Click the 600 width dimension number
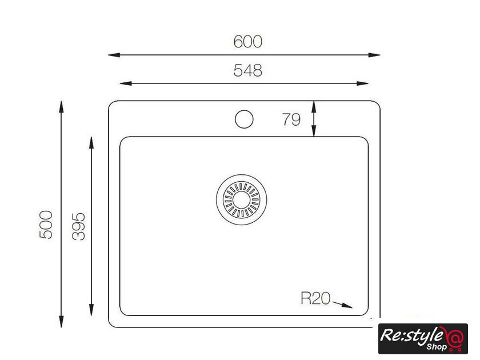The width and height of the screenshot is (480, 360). click(x=247, y=42)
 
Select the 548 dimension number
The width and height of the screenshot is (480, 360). click(x=247, y=70)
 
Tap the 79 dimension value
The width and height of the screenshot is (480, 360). click(x=291, y=119)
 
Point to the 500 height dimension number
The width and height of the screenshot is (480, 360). click(x=46, y=225)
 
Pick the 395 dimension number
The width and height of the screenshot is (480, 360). click(x=79, y=226)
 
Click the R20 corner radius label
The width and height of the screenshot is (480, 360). click(x=315, y=298)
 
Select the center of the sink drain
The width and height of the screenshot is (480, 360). click(x=242, y=200)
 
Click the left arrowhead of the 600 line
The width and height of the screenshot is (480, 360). click(x=114, y=55)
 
